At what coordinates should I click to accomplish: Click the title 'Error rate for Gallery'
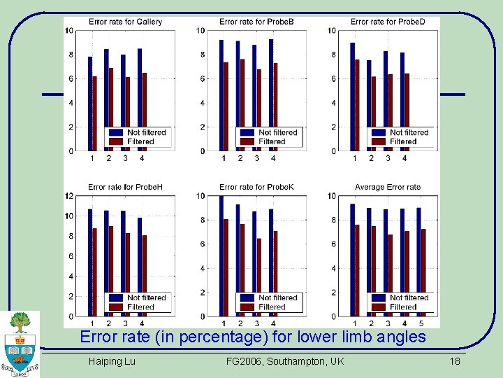(125, 22)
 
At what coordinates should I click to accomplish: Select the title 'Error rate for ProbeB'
(256, 22)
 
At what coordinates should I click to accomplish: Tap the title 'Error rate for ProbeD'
(387, 22)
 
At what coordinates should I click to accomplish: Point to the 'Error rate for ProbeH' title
(125, 187)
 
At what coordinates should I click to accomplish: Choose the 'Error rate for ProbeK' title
(256, 187)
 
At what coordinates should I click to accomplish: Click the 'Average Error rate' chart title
(387, 187)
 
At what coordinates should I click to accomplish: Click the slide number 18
(455, 361)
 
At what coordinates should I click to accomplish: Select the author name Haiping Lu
(112, 361)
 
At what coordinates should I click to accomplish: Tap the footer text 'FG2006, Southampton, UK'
(285, 361)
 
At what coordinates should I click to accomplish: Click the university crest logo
(20, 343)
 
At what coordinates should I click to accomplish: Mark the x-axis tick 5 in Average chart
(421, 323)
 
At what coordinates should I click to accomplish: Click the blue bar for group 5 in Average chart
(419, 262)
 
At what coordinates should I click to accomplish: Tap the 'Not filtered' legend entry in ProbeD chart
(409, 132)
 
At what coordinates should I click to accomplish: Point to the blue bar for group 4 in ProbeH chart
(140, 267)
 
